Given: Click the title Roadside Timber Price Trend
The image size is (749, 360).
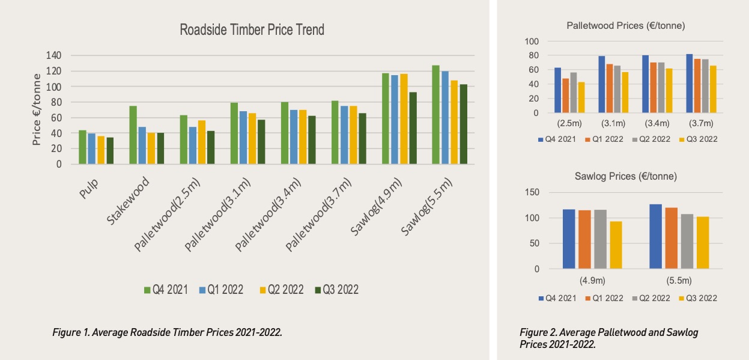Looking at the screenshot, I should coord(252,30).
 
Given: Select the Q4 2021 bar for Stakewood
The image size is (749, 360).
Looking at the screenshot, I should coord(133,135).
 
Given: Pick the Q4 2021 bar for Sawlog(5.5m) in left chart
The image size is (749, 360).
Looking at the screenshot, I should coord(435,115).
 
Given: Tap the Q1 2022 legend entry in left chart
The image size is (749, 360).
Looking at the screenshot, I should coord(220,290).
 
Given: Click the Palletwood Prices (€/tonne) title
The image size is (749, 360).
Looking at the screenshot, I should coord(626,26).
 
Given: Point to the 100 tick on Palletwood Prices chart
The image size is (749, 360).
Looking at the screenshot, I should coord(532,41).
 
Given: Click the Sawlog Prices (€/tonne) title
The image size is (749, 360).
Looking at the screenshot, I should coord(626,177).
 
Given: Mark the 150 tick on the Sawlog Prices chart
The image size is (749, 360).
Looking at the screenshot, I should coord(532,192).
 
